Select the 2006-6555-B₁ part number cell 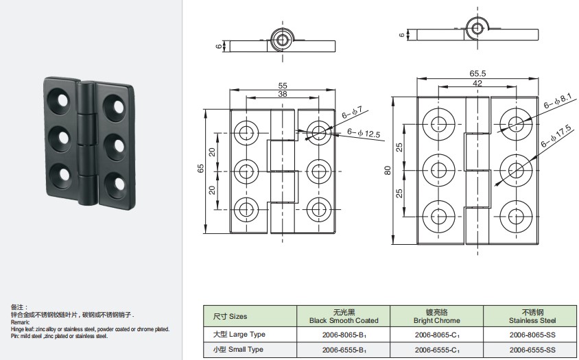pos(344,350)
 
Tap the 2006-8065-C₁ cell pos(437,335)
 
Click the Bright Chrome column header pos(437,316)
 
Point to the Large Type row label pos(239,335)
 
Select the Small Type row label pos(238,349)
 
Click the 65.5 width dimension pos(477,73)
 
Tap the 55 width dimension pos(283,86)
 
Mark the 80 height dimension pos(388,170)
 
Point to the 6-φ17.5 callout pos(556,136)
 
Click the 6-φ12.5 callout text pos(364,133)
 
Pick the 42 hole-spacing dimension pos(477,84)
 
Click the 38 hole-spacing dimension pos(283,94)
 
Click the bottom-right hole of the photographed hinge pos(119,183)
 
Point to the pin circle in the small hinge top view pos(283,40)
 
